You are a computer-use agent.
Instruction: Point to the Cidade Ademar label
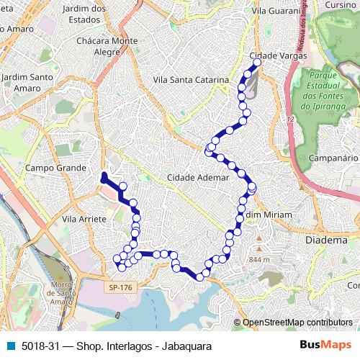(197, 177)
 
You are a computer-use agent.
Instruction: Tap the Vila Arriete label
(84, 218)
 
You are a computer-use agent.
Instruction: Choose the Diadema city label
(327, 240)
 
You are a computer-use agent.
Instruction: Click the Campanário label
(333, 157)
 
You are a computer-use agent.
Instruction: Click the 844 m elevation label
(258, 259)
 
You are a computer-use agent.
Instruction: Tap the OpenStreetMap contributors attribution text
(297, 322)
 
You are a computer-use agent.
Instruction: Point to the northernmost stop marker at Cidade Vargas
(257, 63)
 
